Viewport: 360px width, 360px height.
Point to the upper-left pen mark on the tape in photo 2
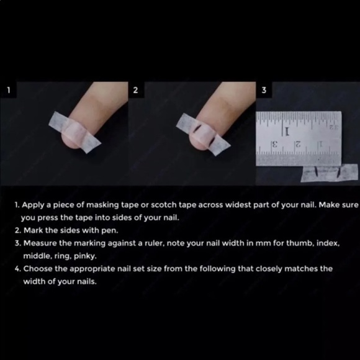195,128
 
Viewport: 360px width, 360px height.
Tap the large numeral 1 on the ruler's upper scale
286,132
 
